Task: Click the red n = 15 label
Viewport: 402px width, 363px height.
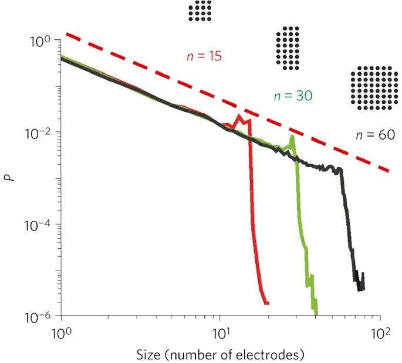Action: click(x=204, y=57)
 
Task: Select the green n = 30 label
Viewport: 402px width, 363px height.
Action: click(x=292, y=96)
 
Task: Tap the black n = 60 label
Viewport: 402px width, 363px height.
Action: click(x=375, y=134)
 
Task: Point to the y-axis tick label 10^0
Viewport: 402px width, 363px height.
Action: click(x=43, y=40)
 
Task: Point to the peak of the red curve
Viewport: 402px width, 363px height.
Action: click(x=239, y=117)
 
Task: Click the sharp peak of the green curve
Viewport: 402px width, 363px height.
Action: click(x=291, y=137)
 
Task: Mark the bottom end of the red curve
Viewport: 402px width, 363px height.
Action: click(x=267, y=303)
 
